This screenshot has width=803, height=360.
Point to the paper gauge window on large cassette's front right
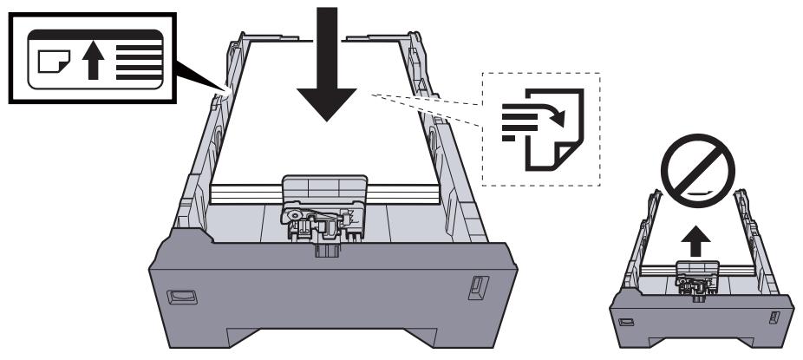click(x=475, y=285)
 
